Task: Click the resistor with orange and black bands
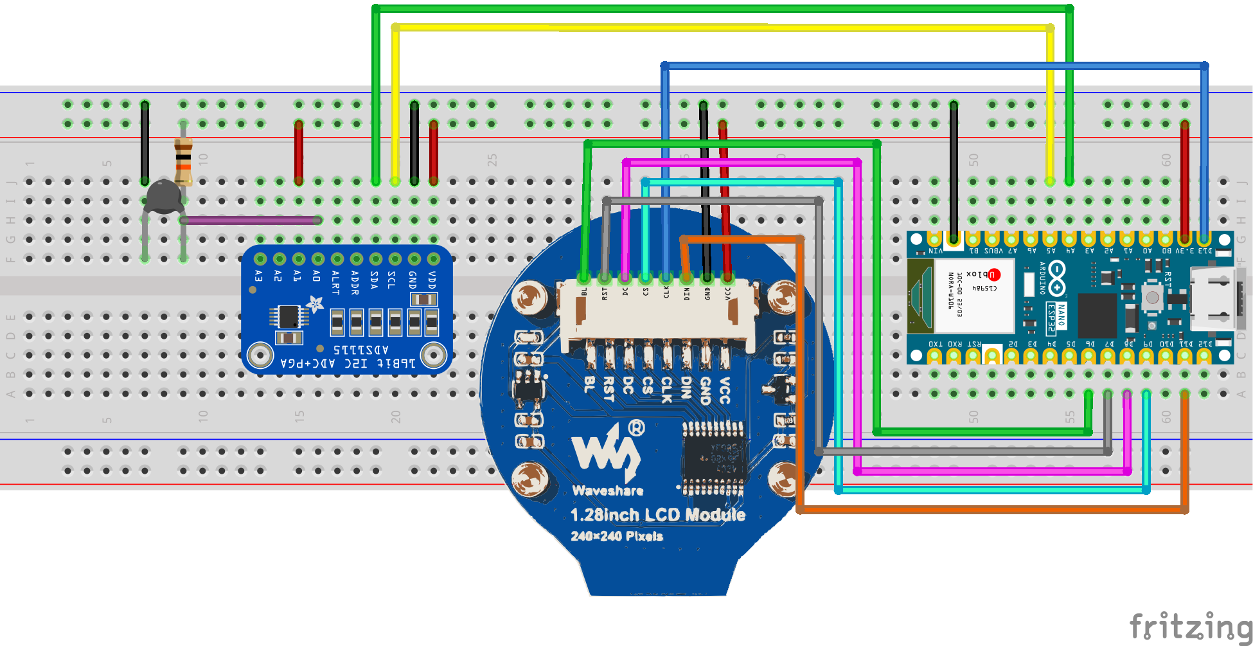(183, 160)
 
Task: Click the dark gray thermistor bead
(163, 196)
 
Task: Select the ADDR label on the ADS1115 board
(355, 282)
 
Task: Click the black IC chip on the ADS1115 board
(289, 316)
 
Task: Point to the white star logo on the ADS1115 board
(314, 303)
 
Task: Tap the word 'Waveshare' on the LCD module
(607, 490)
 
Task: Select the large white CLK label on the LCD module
(666, 390)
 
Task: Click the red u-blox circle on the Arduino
(994, 274)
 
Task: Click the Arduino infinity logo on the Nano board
(1056, 278)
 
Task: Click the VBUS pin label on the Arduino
(993, 251)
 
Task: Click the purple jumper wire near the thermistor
(251, 220)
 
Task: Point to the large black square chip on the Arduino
(1096, 315)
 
